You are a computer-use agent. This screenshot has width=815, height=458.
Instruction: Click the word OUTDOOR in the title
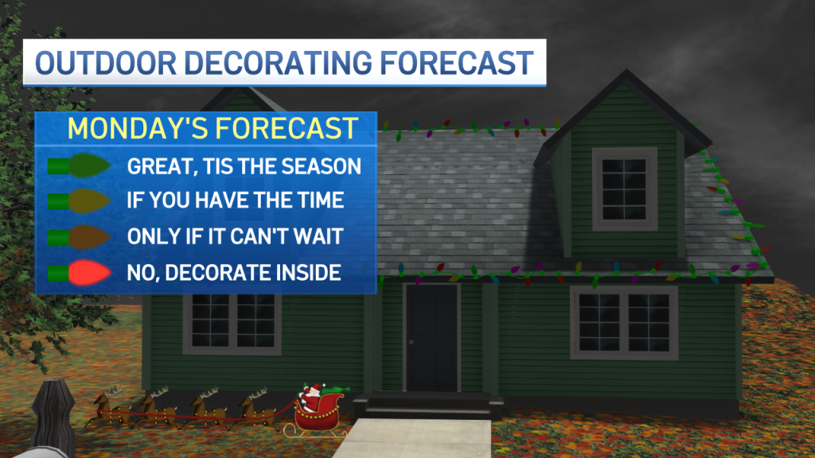106,63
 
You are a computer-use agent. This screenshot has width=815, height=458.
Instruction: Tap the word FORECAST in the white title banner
457,63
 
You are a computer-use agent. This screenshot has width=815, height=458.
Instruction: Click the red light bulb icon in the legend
80,273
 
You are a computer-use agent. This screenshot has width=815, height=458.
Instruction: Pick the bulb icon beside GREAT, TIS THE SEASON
80,166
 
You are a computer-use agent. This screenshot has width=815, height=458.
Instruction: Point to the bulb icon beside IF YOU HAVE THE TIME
80,201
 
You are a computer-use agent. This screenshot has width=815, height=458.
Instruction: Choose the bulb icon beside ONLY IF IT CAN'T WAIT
80,237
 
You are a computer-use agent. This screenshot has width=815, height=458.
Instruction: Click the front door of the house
431,337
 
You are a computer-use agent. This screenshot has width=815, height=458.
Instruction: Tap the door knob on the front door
411,342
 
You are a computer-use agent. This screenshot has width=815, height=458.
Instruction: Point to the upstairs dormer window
624,189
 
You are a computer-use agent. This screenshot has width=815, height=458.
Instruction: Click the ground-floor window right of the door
624,323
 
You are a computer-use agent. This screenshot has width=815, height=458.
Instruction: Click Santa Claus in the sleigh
311,399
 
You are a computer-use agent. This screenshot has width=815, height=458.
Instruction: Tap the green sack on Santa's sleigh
335,390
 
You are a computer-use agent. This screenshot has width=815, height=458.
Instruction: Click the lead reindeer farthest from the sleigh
110,408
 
